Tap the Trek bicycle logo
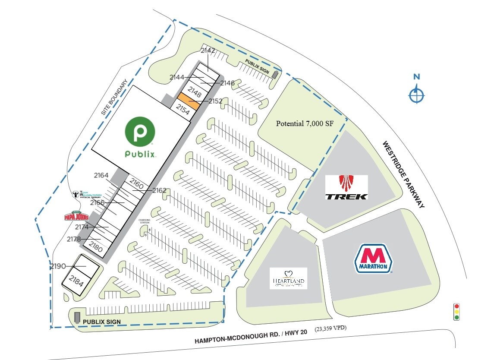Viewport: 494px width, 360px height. tap(346, 187)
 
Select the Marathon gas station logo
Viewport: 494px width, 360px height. tap(373, 259)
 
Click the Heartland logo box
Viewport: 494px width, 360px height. tap(288, 278)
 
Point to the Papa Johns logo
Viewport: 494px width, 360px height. tap(76, 215)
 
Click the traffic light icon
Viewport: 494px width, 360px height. tap(456, 312)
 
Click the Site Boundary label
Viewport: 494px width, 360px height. tap(115, 97)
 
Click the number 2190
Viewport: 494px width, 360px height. tap(58, 266)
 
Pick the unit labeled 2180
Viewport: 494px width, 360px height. tap(96, 247)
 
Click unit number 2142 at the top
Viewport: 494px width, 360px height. tap(208, 51)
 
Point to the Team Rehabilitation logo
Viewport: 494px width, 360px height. tap(87, 194)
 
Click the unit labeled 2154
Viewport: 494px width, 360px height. tap(182, 110)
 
